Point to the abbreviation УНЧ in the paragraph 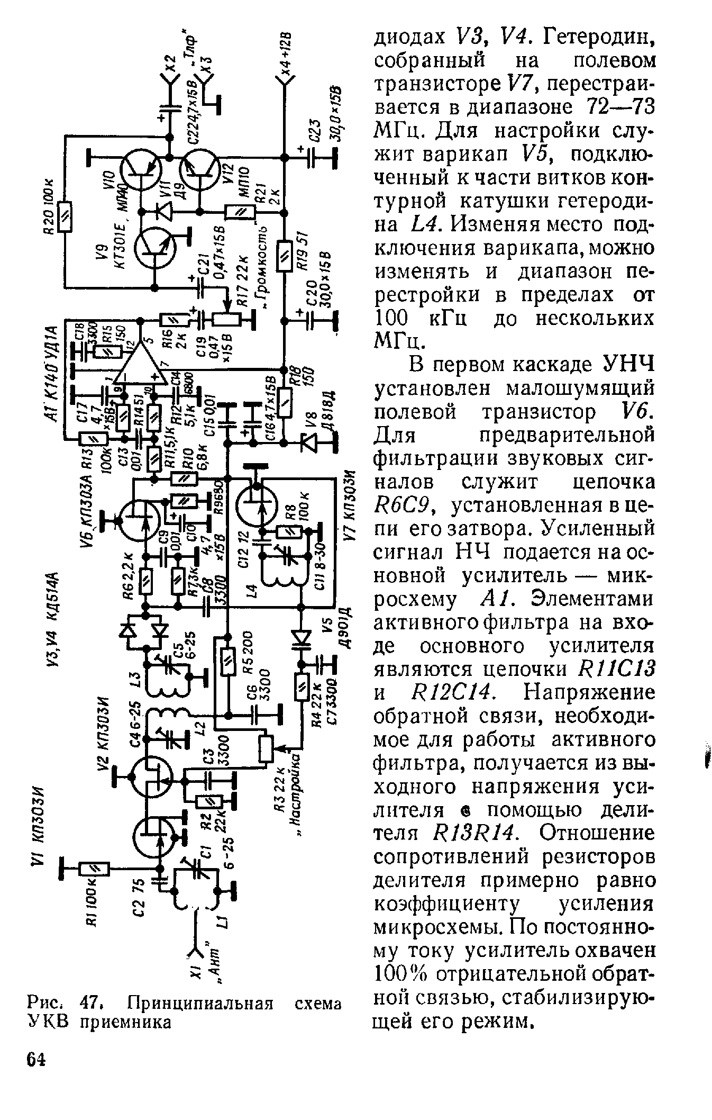[x=627, y=365]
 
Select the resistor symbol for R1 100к [x=94, y=869]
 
